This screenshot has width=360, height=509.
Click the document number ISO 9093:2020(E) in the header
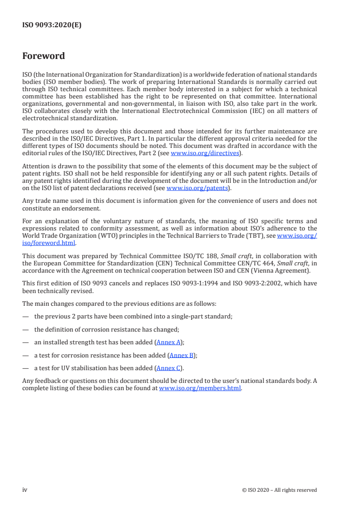coord(52,25)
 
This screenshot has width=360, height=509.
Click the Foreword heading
coord(44,56)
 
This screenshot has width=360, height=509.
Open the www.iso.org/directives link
coord(205,153)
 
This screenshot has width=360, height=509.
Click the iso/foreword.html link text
coord(49,242)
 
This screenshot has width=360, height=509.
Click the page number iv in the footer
coord(25,489)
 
